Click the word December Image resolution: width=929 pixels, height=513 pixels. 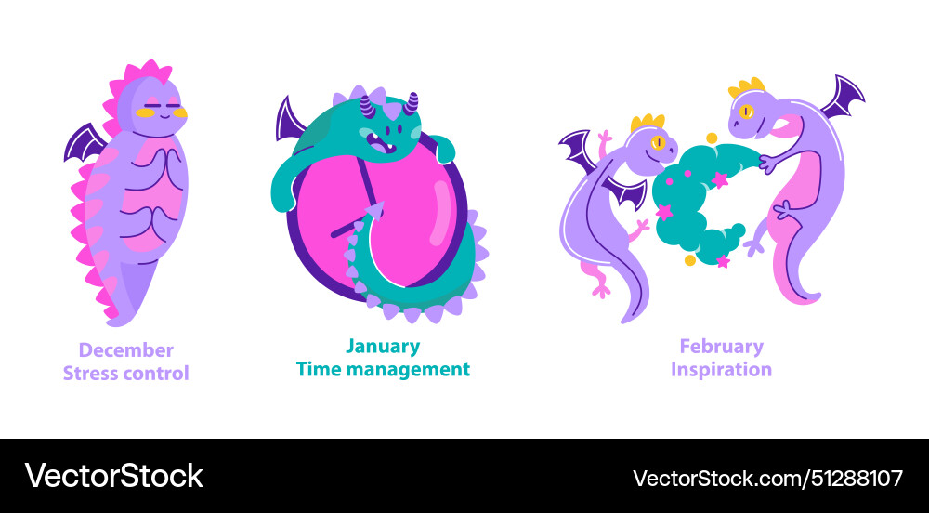[x=125, y=350]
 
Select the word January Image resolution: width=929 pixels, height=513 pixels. [x=382, y=347]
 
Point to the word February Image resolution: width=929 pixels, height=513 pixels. [x=721, y=347]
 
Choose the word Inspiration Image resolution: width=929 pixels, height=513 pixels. [x=721, y=369]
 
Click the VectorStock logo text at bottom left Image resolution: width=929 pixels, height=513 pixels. [x=113, y=476]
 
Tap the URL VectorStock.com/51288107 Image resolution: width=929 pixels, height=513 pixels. [x=767, y=479]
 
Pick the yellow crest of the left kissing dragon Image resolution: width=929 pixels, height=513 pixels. [x=648, y=123]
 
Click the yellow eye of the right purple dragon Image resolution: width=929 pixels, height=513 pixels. [x=746, y=112]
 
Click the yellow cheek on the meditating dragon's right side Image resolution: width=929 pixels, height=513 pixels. [x=178, y=113]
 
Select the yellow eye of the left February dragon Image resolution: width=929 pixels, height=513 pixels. [x=659, y=142]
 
